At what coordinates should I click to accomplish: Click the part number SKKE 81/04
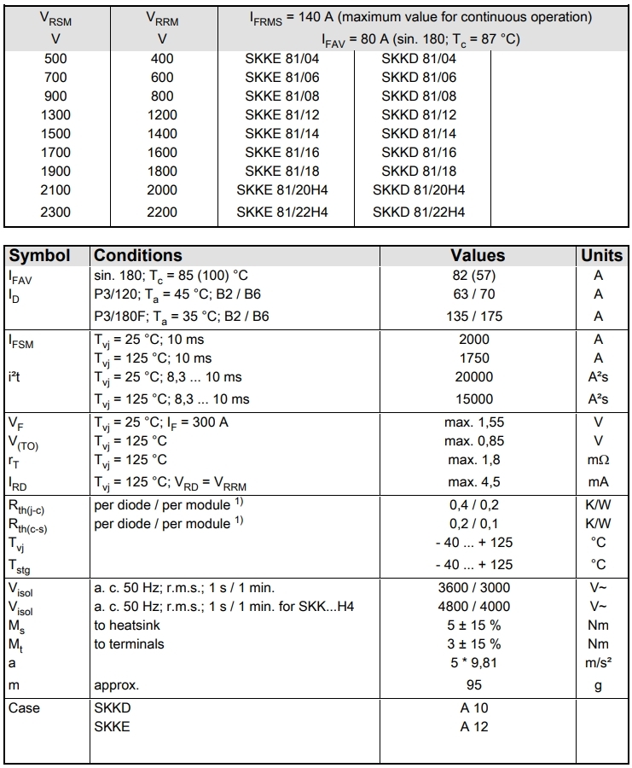tap(281, 59)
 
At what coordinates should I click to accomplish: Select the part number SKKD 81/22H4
tap(419, 212)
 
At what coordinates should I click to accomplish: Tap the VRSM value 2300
tap(55, 212)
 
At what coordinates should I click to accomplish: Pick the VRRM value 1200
tap(161, 115)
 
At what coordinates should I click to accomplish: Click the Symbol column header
tap(46, 255)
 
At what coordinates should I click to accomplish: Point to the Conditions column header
tap(137, 255)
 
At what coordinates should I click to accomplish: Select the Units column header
tap(601, 255)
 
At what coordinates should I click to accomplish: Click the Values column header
tap(478, 255)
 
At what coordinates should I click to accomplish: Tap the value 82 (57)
tap(476, 275)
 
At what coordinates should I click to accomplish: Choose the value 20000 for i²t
tap(474, 377)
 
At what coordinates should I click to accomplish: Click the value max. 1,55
tap(474, 422)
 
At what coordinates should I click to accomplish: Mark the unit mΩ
tap(598, 460)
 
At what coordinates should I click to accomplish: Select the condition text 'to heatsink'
tap(127, 625)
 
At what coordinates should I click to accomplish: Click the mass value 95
tap(474, 684)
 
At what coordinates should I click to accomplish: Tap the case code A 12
tap(474, 727)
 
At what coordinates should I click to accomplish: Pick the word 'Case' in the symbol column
tap(24, 708)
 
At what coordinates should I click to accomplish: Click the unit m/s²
tap(598, 664)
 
